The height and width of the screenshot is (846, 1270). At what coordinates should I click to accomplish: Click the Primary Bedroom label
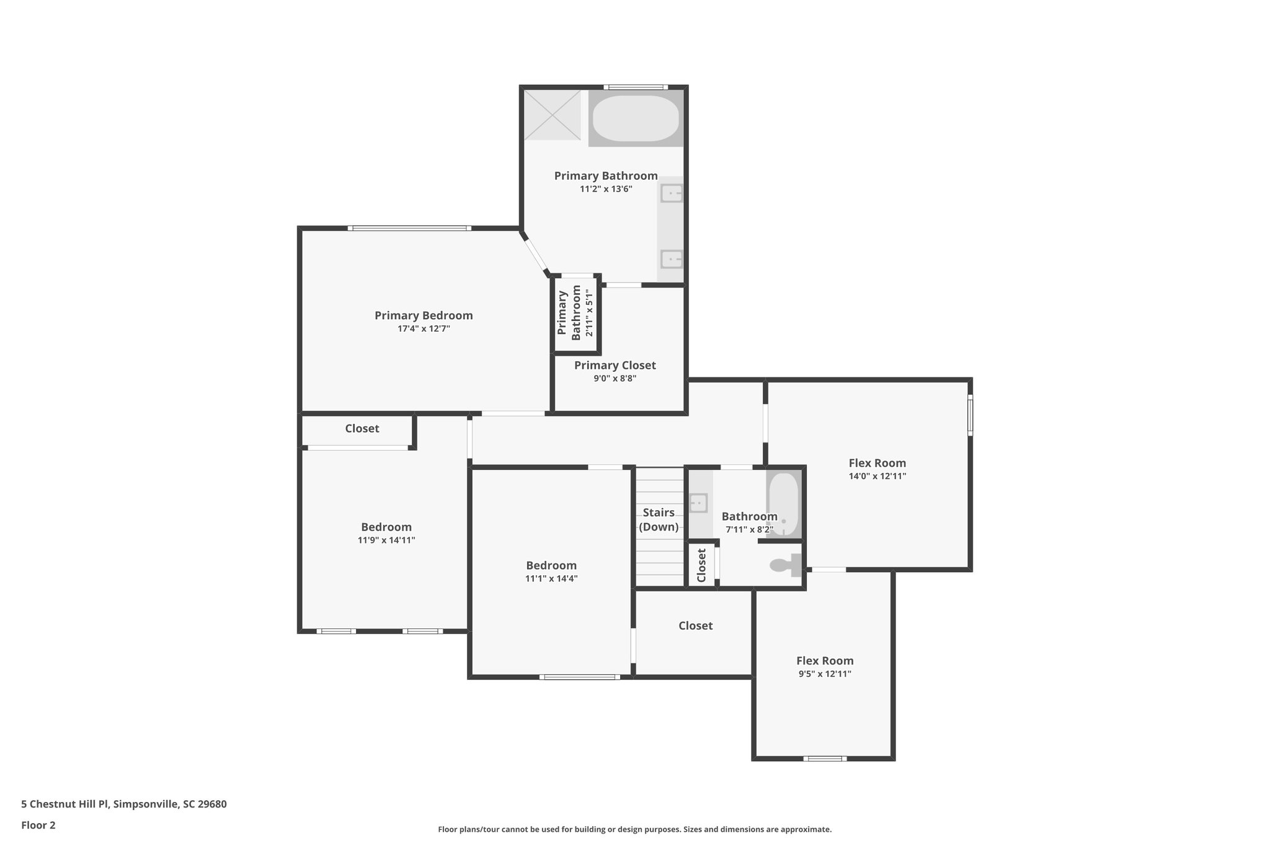point(424,315)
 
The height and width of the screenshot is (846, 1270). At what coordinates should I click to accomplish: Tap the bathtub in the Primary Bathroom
point(636,118)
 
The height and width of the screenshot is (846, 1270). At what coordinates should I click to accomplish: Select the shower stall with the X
point(552,115)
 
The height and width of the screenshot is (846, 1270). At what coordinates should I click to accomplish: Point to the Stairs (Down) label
point(659,519)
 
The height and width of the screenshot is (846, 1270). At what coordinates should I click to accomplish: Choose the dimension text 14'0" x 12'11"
point(877,476)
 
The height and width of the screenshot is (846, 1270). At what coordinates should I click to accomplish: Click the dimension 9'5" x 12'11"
point(825,674)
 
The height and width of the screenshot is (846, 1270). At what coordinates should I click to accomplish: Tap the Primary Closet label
point(615,365)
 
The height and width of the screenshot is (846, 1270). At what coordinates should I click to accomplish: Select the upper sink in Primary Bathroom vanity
point(672,193)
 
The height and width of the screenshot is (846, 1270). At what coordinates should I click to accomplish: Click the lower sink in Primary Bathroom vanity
point(672,258)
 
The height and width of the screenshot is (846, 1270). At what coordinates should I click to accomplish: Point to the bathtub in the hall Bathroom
point(784,503)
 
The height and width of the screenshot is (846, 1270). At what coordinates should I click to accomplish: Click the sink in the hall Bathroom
point(699,503)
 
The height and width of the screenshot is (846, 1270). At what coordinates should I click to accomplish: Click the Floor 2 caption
point(38,825)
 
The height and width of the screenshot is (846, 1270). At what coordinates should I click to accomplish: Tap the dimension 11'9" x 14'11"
point(386,540)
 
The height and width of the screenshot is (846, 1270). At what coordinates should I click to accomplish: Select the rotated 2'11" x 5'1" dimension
point(589,314)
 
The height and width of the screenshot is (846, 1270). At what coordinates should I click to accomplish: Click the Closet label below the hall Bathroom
point(695,626)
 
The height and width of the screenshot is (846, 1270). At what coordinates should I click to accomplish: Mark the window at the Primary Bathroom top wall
point(635,87)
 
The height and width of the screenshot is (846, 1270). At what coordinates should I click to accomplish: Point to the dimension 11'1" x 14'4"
point(551,578)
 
